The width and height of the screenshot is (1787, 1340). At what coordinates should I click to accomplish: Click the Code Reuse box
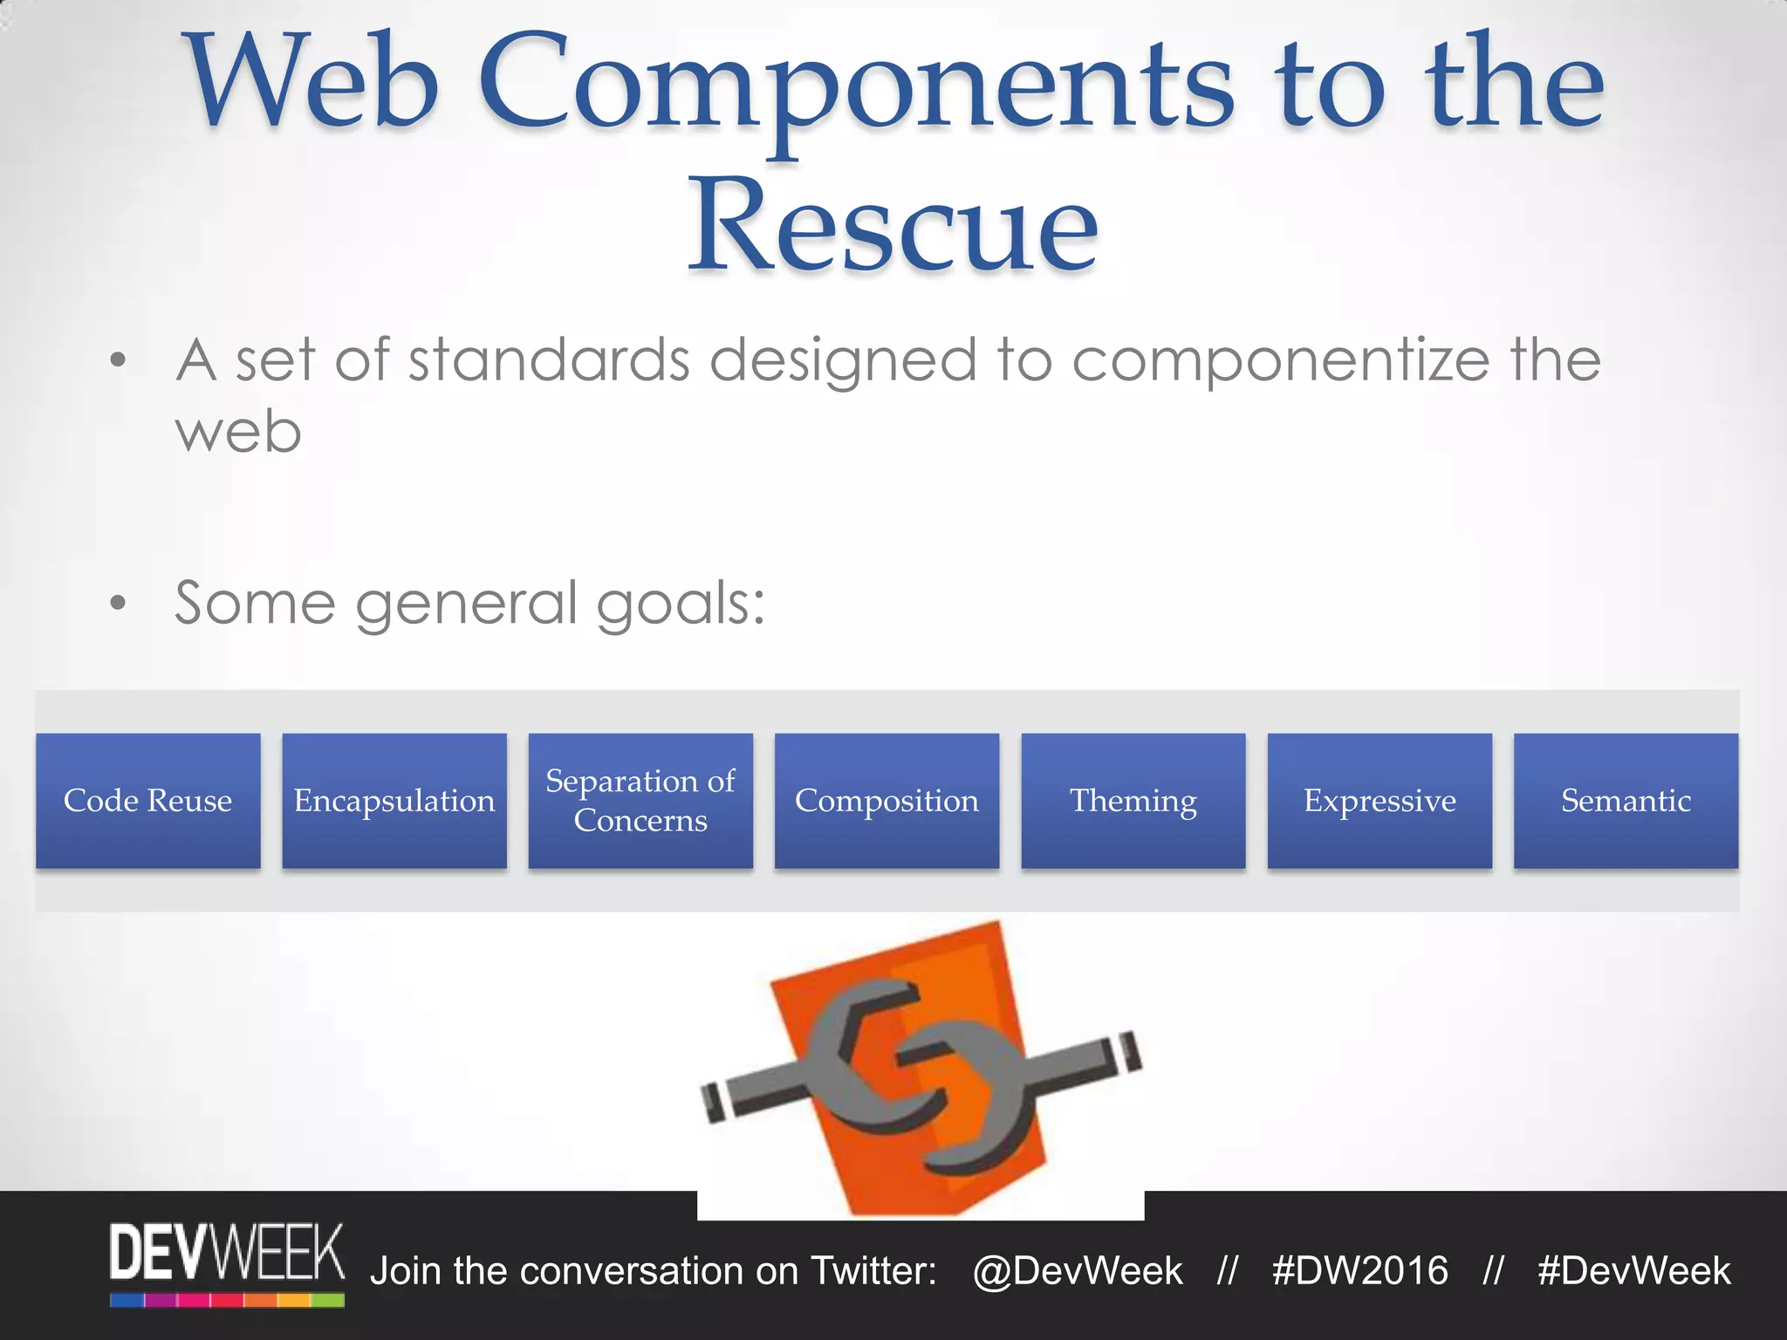pyautogui.click(x=147, y=801)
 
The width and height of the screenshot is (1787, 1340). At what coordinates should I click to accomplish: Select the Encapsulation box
pyautogui.click(x=394, y=801)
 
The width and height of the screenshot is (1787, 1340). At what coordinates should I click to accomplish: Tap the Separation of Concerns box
pyautogui.click(x=640, y=801)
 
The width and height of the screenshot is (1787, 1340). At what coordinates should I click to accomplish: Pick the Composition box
pyautogui.click(x=887, y=801)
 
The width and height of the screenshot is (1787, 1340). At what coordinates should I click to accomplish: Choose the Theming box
pyautogui.click(x=1133, y=801)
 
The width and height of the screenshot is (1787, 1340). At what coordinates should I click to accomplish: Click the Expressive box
pyautogui.click(x=1380, y=801)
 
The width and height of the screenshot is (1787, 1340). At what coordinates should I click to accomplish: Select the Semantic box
pyautogui.click(x=1626, y=801)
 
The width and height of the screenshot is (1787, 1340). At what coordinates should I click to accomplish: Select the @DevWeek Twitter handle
pyautogui.click(x=1078, y=1271)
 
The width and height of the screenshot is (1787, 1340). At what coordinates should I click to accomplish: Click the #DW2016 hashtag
pyautogui.click(x=1359, y=1271)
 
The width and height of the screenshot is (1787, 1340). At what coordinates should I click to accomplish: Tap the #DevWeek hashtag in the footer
pyautogui.click(x=1633, y=1271)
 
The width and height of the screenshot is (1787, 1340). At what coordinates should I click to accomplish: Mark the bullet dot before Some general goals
pyautogui.click(x=119, y=603)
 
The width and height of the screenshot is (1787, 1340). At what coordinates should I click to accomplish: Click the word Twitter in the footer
pyautogui.click(x=873, y=1271)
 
